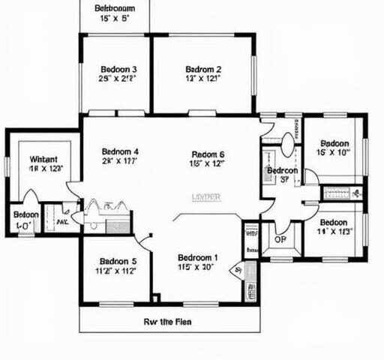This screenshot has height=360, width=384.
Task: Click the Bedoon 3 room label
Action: pyautogui.click(x=118, y=70)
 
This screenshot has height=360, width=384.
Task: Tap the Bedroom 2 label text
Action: pyautogui.click(x=202, y=70)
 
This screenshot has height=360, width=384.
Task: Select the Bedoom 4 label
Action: pyautogui.click(x=120, y=149)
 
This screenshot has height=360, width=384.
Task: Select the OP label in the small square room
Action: pyautogui.click(x=280, y=240)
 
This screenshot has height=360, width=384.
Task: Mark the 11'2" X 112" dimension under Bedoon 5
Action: pyautogui.click(x=115, y=271)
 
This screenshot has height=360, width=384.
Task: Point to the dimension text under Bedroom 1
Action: pyautogui.click(x=196, y=266)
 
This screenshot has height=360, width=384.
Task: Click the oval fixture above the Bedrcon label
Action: pyautogui.click(x=289, y=145)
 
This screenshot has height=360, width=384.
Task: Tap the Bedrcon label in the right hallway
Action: pyautogui.click(x=283, y=171)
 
